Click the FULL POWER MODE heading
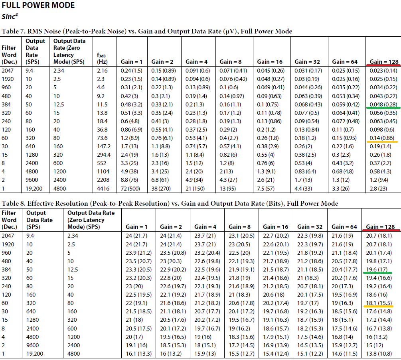pos(38,5)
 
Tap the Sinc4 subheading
pos(10,17)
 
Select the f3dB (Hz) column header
pos(102,59)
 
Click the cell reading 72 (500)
pos(130,189)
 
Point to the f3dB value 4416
pos(103,189)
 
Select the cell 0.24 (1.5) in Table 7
pos(131,71)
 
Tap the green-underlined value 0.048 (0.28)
pos(383,104)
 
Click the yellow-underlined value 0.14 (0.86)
pos(382,138)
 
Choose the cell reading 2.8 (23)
pos(378,189)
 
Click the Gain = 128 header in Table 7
pos(384,61)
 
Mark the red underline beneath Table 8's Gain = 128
pos(381,230)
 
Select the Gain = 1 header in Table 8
pos(136,227)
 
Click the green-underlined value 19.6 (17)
pos(377,270)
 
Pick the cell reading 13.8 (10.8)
pos(379,354)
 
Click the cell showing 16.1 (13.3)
pos(138,354)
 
